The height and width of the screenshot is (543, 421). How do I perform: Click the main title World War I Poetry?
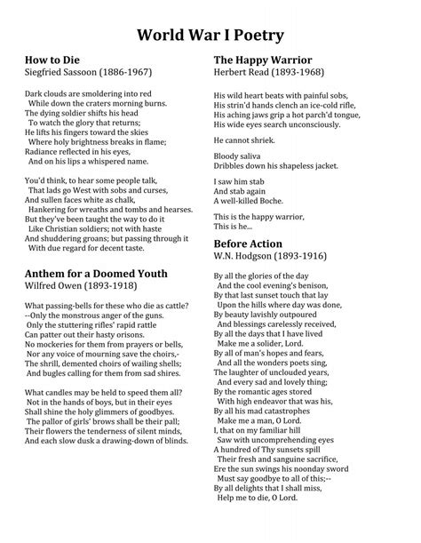coord(210,35)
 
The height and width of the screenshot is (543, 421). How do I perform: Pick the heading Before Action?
coord(248,244)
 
